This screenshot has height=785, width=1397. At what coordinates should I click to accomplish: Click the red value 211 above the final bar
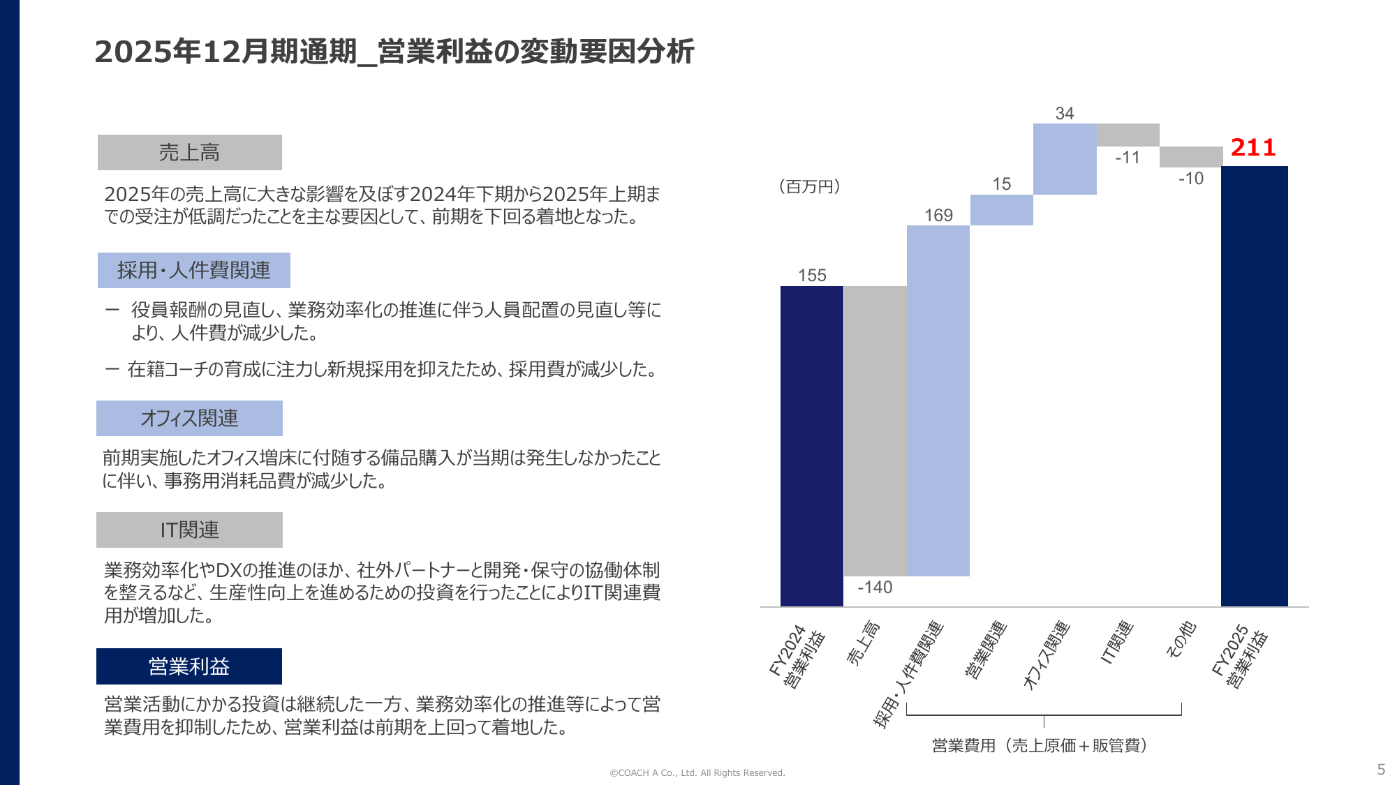1252,148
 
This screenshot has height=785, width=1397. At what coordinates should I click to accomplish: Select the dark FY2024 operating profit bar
811,446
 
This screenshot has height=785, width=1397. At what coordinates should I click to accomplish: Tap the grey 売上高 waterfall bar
875,431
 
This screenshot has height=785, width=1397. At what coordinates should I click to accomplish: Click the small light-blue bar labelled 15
1001,210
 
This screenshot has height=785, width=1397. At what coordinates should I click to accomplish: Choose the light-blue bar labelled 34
1064,159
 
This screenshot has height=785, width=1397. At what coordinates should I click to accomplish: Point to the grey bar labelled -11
1128,135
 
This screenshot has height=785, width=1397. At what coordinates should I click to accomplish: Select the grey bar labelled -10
1190,156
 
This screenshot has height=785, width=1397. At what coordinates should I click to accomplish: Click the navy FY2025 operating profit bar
1254,386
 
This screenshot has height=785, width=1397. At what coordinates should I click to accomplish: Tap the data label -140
875,588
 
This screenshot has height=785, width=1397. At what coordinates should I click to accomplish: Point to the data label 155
812,276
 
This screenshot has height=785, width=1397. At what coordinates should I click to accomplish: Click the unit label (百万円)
809,187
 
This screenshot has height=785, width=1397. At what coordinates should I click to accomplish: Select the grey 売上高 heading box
190,152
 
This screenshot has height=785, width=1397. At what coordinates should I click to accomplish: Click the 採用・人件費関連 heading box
194,270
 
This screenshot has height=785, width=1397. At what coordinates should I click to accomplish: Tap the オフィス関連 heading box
189,418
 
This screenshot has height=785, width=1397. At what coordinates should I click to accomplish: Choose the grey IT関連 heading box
189,530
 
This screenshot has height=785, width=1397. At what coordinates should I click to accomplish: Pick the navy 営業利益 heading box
189,666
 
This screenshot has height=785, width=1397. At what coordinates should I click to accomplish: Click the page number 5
1380,769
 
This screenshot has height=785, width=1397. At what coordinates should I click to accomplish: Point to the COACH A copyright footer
697,772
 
